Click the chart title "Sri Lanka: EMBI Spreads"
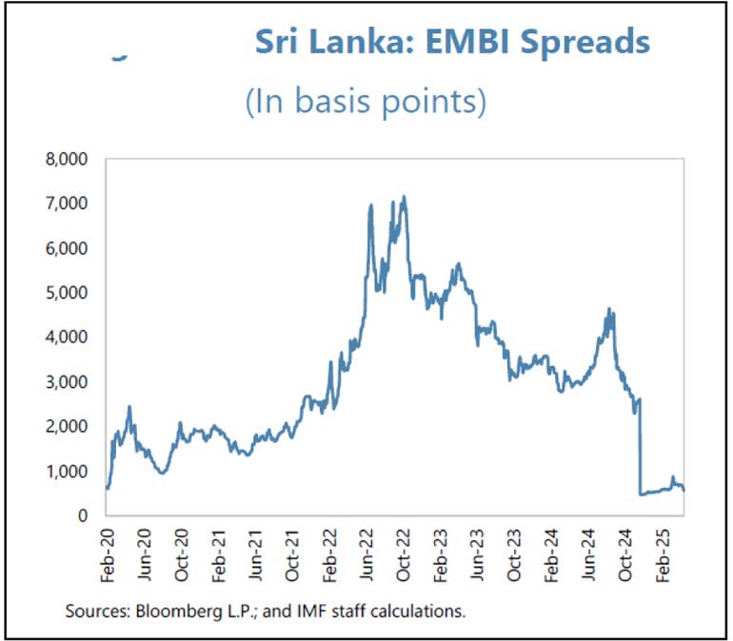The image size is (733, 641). [452, 43]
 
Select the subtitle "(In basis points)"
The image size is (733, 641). [366, 102]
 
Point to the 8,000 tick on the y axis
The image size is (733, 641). [68, 159]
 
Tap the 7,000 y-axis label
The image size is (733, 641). [68, 204]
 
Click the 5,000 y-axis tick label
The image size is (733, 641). [68, 293]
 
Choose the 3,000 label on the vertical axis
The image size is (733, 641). [68, 382]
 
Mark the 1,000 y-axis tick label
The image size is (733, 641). [68, 472]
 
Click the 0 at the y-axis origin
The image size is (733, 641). [84, 516]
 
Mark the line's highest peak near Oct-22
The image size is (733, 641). [405, 197]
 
